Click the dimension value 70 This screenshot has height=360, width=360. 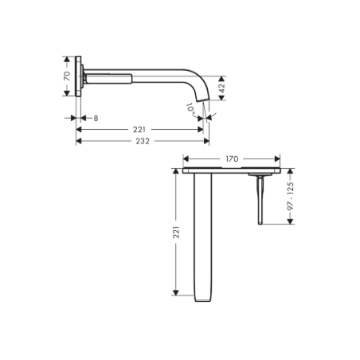pos(68,76)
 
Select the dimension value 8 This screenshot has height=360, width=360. pos(96,117)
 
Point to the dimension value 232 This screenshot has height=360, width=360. pos(143,141)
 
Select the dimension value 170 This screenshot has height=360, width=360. pos(232,158)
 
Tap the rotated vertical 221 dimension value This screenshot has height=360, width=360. pos(177,233)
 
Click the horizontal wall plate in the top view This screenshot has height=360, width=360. pos(232,170)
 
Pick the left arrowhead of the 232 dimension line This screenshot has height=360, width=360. pos(78,142)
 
